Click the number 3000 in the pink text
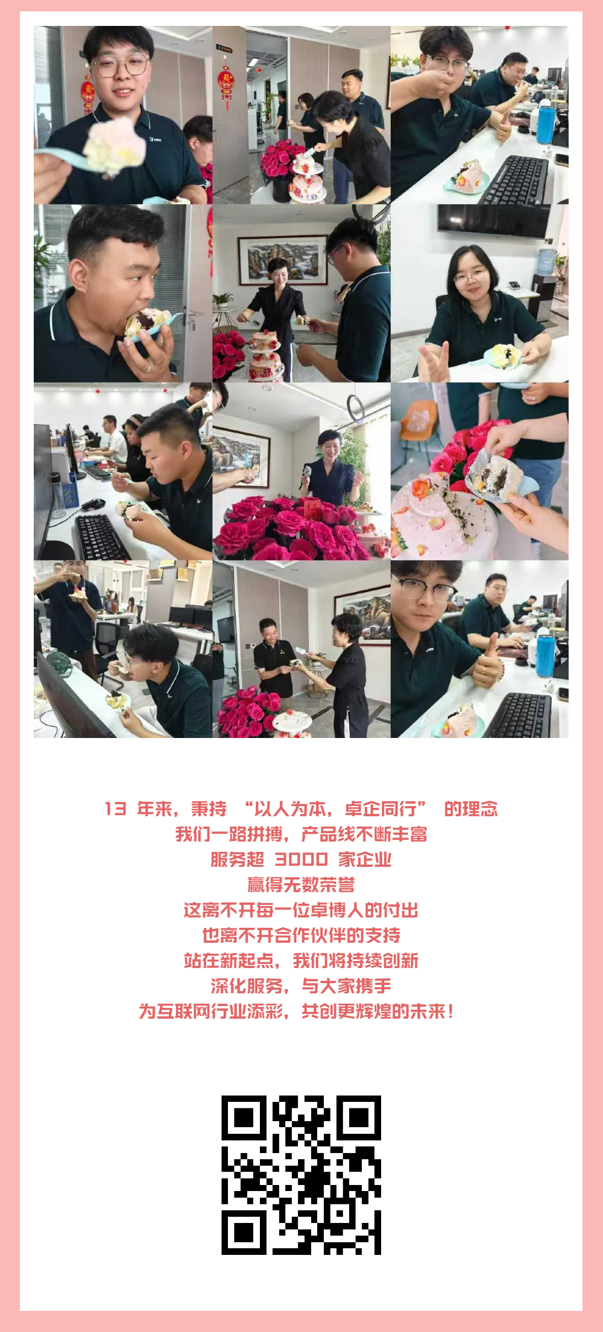pyautogui.click(x=301, y=860)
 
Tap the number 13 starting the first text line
pyautogui.click(x=115, y=808)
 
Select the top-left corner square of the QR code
pyautogui.click(x=244, y=1118)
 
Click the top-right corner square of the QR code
pyautogui.click(x=358, y=1118)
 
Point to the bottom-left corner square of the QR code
pyautogui.click(x=244, y=1232)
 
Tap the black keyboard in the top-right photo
pyautogui.click(x=516, y=180)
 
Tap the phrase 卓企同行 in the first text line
pyautogui.click(x=379, y=808)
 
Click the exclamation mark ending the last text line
pyautogui.click(x=450, y=1012)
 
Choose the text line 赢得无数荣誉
pyautogui.click(x=301, y=885)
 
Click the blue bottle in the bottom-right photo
pyautogui.click(x=545, y=656)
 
